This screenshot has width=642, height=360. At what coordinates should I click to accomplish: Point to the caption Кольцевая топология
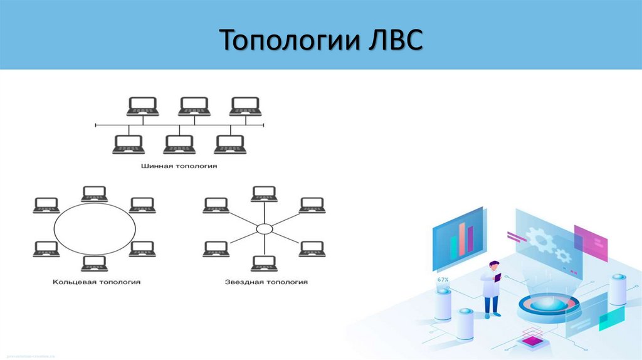pos(97,282)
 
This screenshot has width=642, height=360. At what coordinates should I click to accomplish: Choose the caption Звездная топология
pos(266,282)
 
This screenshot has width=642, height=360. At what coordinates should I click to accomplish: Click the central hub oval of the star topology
pos(265,229)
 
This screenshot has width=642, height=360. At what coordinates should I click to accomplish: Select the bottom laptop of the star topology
pos(264,263)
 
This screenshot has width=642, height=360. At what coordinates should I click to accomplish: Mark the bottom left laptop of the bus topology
pos(129,145)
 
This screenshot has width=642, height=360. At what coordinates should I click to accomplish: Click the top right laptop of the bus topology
pos(245,106)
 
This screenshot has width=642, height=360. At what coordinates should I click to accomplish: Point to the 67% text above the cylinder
pos(443,279)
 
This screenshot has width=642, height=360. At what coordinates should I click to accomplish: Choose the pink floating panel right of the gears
pos(591,243)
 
